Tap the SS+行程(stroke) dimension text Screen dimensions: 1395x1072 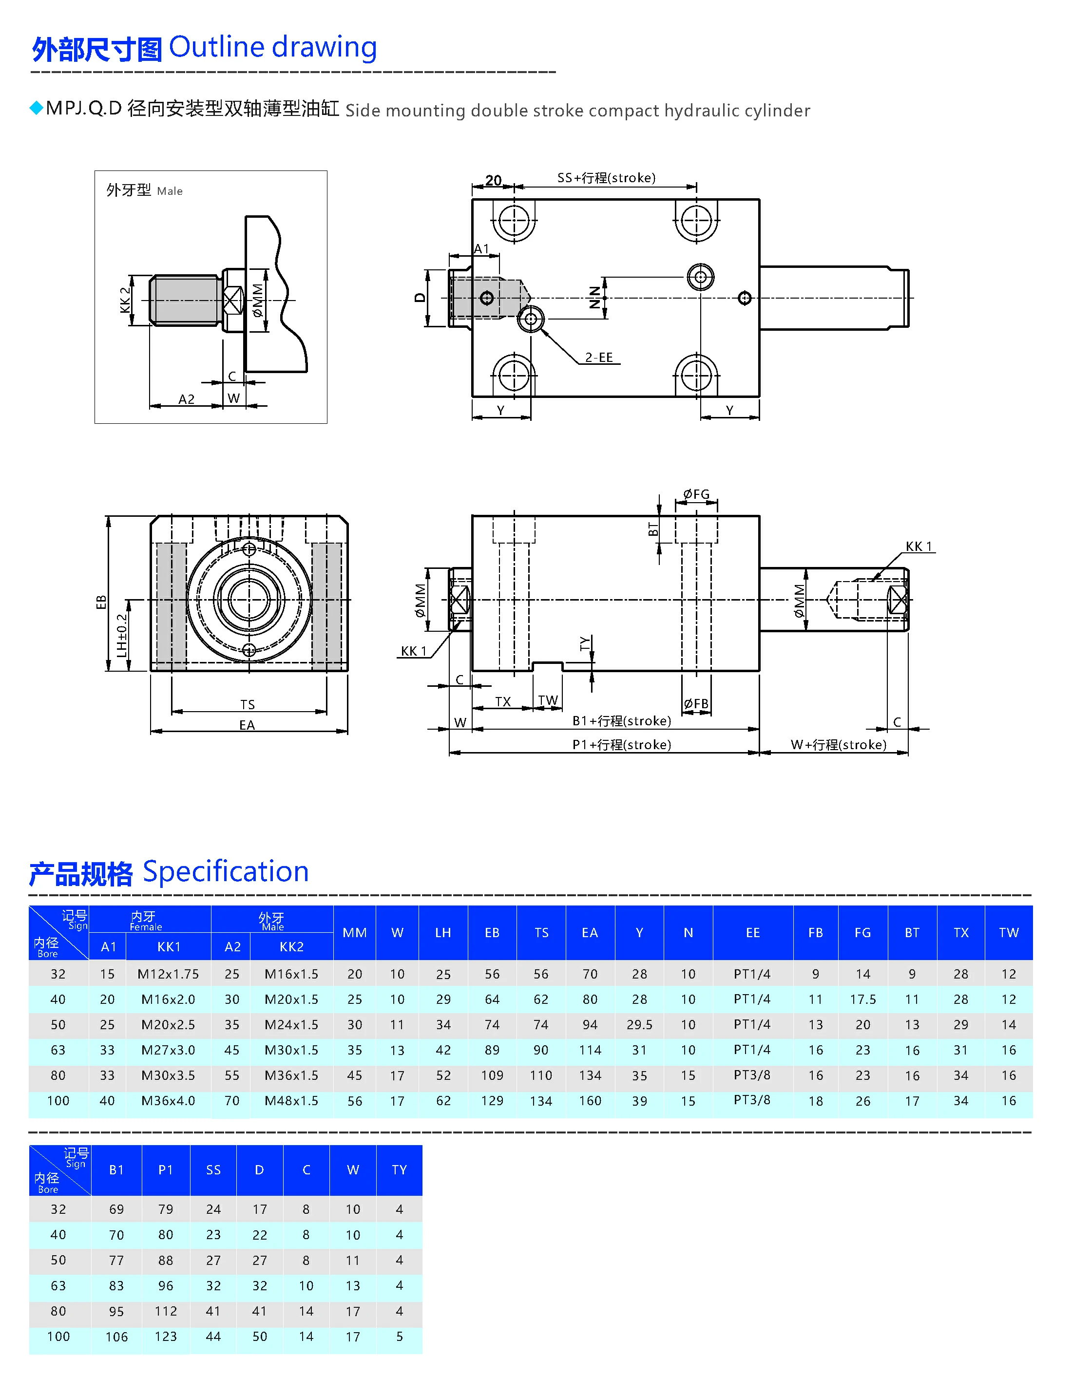coord(606,178)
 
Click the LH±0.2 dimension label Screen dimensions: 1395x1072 coord(121,635)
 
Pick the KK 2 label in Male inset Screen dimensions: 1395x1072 coord(125,300)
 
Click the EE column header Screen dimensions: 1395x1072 coord(752,933)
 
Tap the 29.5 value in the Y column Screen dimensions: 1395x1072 coord(639,1024)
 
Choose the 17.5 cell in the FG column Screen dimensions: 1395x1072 coord(862,999)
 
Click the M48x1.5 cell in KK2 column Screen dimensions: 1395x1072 coord(291,1100)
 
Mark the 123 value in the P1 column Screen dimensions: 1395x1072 coord(165,1337)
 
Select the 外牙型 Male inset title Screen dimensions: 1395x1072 coord(144,190)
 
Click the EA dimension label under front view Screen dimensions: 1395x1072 coord(247,725)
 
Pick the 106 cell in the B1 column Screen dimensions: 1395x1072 coord(116,1337)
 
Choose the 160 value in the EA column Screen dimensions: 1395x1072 coord(590,1100)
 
